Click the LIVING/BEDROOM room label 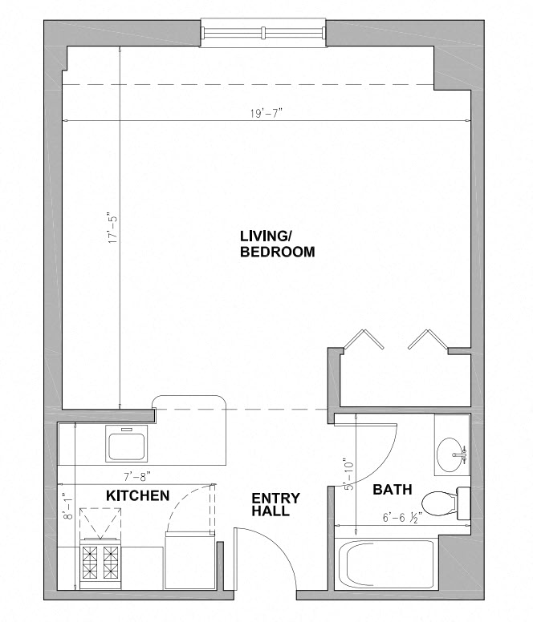[x=277, y=244]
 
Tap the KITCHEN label [x=138, y=495]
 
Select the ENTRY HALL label [x=275, y=504]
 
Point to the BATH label [x=392, y=490]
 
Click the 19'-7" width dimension [x=266, y=114]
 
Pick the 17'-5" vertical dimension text [x=113, y=229]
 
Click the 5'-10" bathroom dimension [x=348, y=475]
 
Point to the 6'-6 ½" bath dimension [x=402, y=517]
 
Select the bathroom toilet [x=446, y=503]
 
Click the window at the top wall [x=263, y=33]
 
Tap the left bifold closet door [x=364, y=339]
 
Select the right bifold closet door [x=428, y=339]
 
